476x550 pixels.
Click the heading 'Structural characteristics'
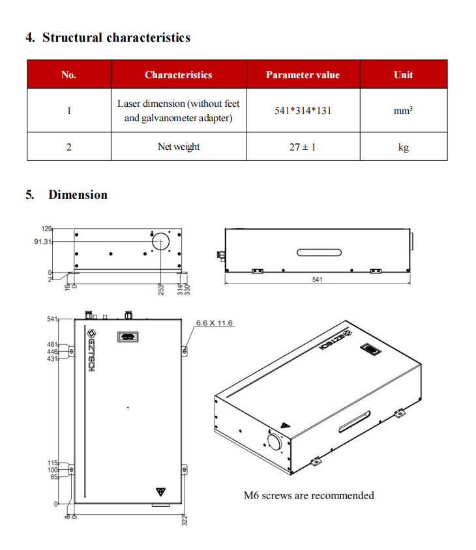(x=116, y=37)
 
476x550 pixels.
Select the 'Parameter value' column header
(x=303, y=75)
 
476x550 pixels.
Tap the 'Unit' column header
(x=403, y=75)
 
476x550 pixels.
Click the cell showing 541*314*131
(x=303, y=110)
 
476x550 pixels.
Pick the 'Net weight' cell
(x=179, y=147)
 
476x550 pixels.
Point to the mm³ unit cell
(x=403, y=111)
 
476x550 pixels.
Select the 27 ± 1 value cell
(x=303, y=147)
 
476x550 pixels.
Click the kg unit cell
(x=403, y=147)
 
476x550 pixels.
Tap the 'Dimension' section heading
(x=78, y=195)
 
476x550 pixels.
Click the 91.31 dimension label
(x=43, y=241)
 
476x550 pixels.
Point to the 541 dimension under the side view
(x=318, y=280)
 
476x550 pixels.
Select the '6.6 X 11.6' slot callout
(x=215, y=323)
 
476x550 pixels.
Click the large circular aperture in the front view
(x=160, y=241)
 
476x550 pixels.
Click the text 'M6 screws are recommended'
(x=308, y=495)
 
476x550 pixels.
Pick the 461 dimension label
(x=52, y=343)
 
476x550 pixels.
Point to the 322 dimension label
(x=185, y=520)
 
